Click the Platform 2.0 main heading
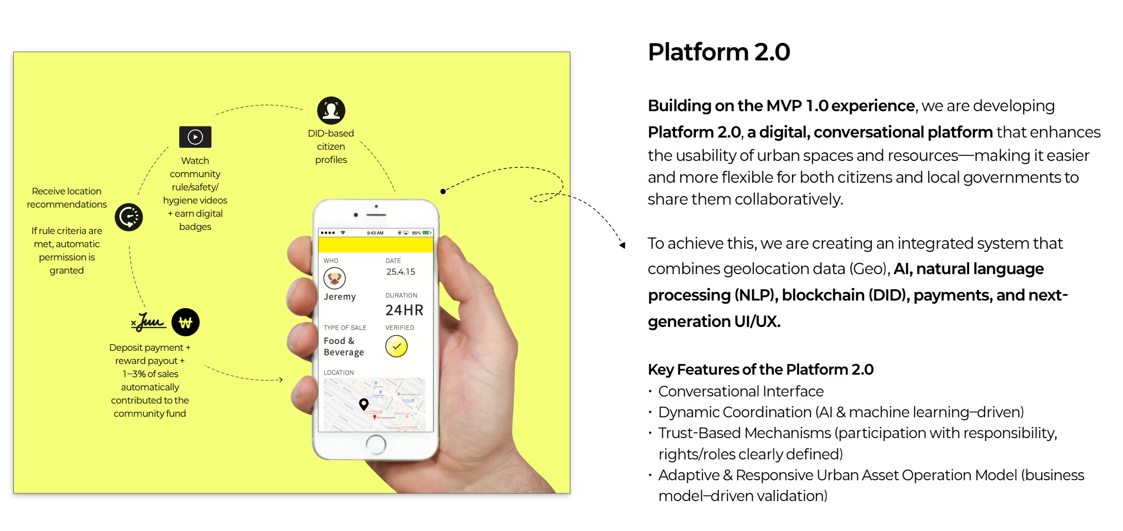(x=718, y=52)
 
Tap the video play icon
(x=195, y=137)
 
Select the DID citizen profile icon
(x=331, y=111)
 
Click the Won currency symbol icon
(x=185, y=322)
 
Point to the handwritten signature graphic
(x=149, y=322)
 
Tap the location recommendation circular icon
(x=129, y=217)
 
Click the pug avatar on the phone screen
(x=335, y=278)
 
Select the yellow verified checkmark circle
(x=397, y=347)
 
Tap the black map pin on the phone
(x=364, y=404)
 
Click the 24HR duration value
(x=404, y=310)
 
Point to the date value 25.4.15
(x=401, y=272)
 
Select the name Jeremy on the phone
(x=340, y=297)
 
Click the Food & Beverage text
(x=344, y=347)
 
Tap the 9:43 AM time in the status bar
(x=375, y=233)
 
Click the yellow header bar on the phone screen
(x=376, y=245)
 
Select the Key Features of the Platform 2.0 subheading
(x=761, y=370)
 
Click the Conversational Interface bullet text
(x=741, y=391)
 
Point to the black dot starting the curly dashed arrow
(x=443, y=191)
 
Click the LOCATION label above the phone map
(x=339, y=373)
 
